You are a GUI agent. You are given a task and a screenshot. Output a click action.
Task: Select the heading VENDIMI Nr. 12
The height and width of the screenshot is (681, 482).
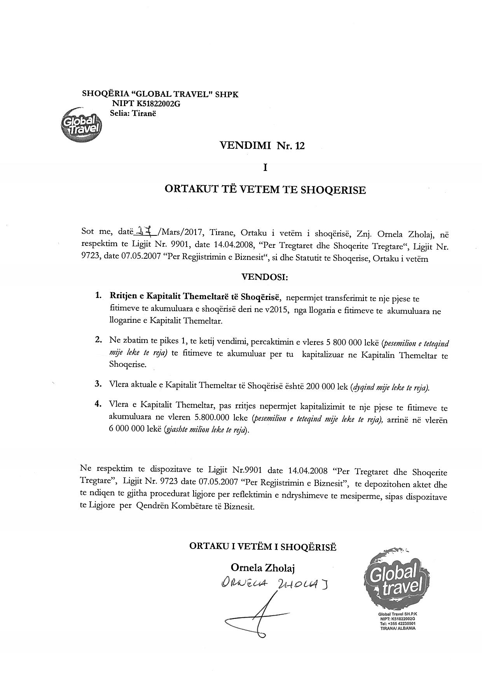coord(262,146)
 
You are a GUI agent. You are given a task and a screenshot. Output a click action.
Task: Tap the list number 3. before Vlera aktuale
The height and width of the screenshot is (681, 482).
coord(98,384)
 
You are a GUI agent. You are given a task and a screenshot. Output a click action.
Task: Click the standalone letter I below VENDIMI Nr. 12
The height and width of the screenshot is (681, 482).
coord(265,167)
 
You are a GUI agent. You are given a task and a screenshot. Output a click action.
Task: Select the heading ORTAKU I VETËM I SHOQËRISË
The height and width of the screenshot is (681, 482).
coord(263,546)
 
